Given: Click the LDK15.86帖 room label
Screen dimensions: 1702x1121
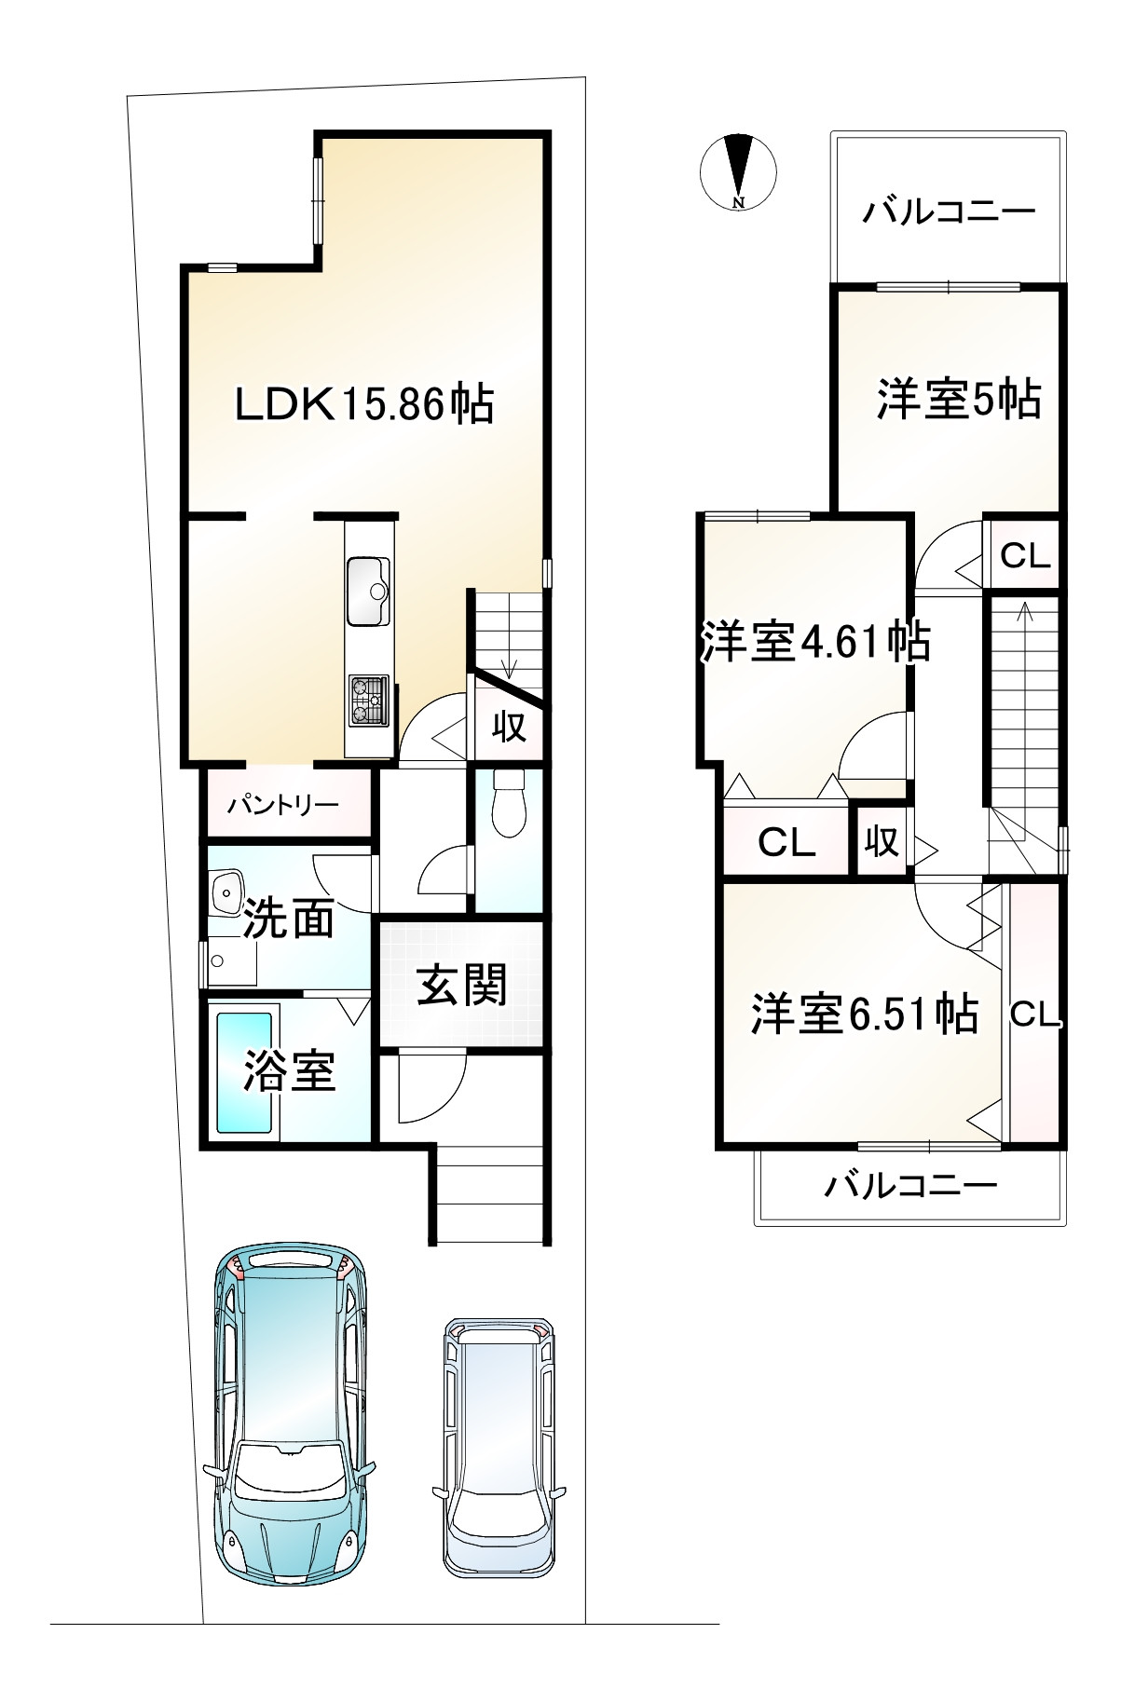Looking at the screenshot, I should tap(363, 406).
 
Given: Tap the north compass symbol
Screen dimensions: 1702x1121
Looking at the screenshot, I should tap(738, 171).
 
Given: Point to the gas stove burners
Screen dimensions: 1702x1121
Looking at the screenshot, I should tap(369, 701).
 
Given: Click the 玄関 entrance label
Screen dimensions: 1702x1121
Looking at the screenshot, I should tap(461, 985).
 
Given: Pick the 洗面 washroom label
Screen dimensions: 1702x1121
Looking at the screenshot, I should tap(288, 919).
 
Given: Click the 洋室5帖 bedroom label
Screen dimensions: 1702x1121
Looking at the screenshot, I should tap(959, 400).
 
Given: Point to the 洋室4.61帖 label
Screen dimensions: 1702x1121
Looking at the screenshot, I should tap(815, 642).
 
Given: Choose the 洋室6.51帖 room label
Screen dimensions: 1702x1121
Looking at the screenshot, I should tap(865, 1014).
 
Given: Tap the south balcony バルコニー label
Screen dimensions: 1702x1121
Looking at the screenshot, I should tap(911, 1186).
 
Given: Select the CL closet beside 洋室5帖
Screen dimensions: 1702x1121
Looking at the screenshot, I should tap(1025, 556).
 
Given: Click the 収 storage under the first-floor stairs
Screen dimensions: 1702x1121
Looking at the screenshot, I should tap(509, 728).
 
